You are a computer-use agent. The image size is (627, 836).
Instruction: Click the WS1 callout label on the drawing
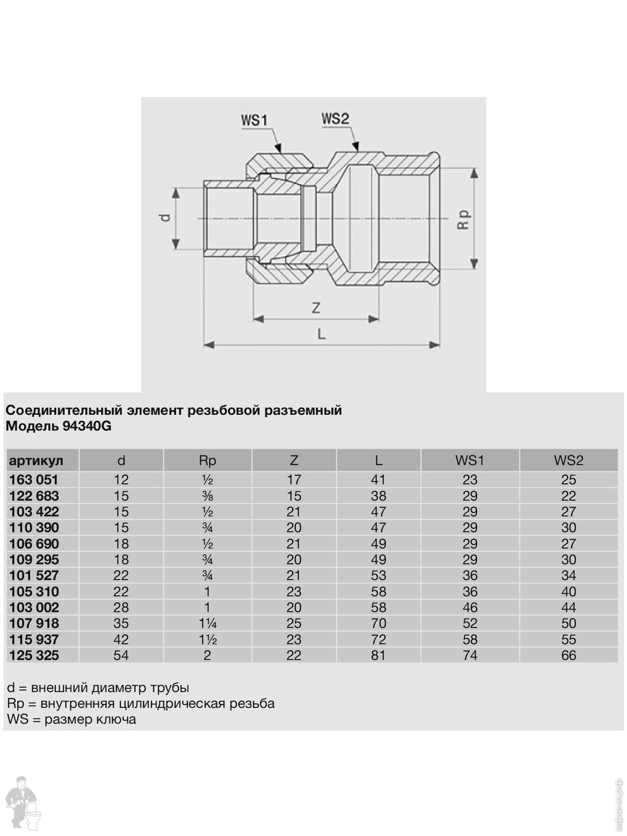(254, 120)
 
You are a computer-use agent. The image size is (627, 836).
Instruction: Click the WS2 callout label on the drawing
(335, 119)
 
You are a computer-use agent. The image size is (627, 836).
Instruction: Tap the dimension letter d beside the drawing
(165, 217)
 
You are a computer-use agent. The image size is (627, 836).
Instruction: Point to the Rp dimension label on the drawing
(463, 219)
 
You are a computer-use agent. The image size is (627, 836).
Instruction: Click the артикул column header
(36, 460)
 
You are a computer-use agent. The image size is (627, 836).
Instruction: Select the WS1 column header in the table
(470, 460)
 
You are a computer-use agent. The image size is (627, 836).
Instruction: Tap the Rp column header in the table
(207, 460)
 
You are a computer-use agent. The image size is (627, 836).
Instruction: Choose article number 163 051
(34, 480)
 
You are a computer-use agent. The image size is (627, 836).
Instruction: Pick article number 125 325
(34, 655)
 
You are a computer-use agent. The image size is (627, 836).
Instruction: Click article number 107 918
(34, 623)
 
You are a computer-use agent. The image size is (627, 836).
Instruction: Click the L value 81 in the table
(378, 655)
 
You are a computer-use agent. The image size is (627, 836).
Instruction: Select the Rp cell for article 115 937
(207, 640)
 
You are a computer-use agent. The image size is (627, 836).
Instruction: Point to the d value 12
(121, 480)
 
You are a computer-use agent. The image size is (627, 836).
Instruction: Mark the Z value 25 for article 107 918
(294, 623)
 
